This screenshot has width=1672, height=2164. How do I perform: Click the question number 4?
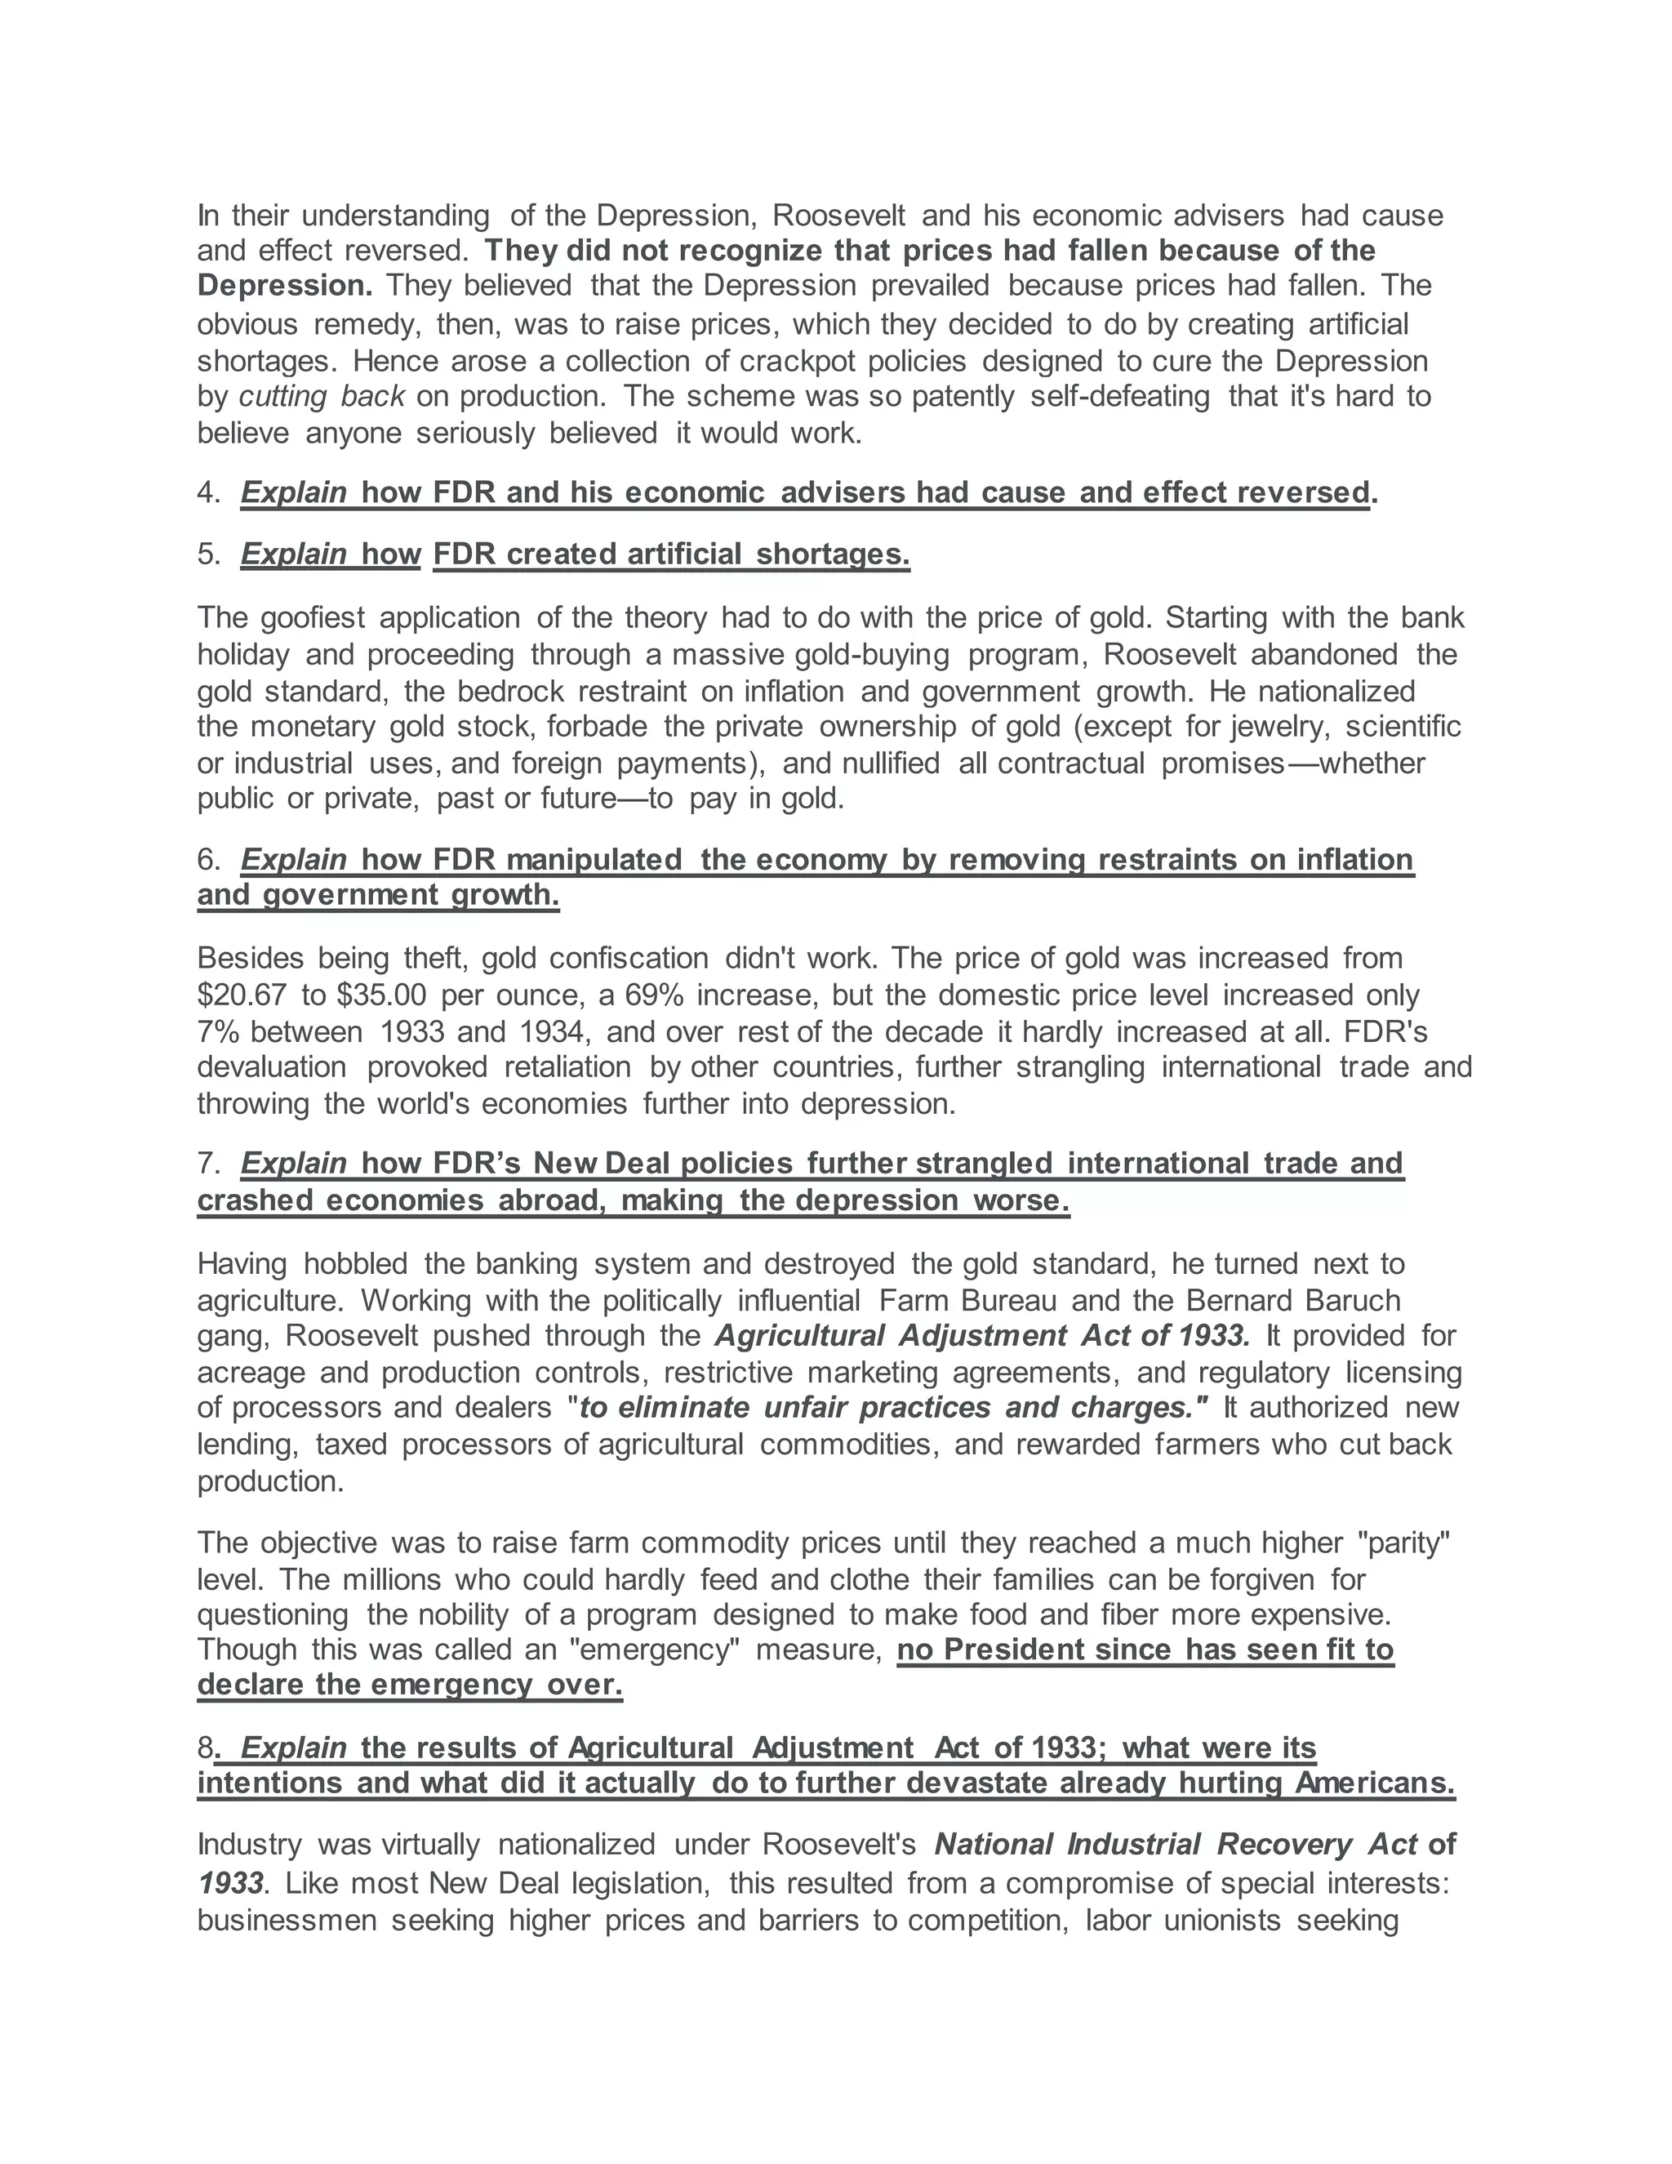pos(208,492)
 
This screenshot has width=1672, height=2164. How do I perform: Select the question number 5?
pos(208,554)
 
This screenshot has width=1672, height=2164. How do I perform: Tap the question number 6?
pos(208,859)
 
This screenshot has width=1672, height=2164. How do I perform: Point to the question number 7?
pos(208,1162)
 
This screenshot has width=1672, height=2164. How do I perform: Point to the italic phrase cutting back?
pos(322,396)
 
